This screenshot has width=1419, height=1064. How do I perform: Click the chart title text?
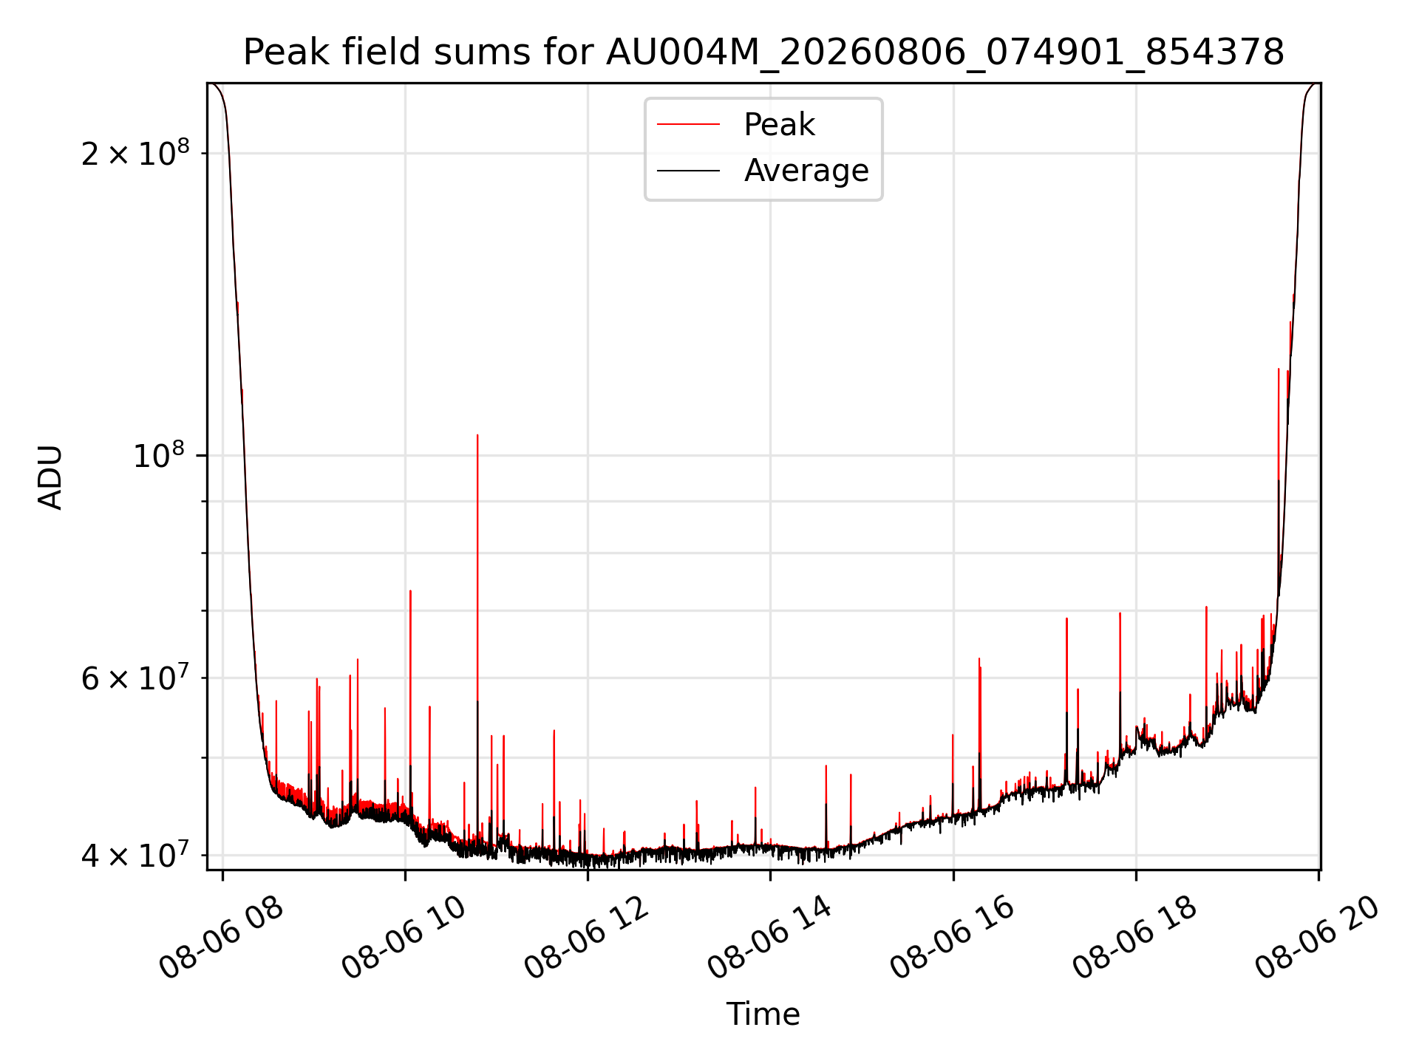tap(763, 52)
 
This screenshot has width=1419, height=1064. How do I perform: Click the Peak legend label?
tap(779, 125)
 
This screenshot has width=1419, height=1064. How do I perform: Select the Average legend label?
tap(806, 171)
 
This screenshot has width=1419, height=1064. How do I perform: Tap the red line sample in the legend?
tap(689, 125)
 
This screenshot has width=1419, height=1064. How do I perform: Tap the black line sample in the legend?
tap(689, 171)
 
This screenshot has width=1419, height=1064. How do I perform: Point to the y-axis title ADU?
tap(50, 477)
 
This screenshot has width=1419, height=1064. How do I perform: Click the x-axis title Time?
tap(763, 1014)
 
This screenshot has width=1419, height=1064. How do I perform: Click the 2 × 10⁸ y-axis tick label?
tap(135, 153)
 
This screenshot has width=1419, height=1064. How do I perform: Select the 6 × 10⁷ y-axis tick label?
tap(135, 678)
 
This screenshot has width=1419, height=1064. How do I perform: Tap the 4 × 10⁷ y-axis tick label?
tap(135, 855)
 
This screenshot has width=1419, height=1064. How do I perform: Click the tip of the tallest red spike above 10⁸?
tap(477, 435)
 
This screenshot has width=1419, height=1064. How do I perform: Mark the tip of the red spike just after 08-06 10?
tap(410, 591)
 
